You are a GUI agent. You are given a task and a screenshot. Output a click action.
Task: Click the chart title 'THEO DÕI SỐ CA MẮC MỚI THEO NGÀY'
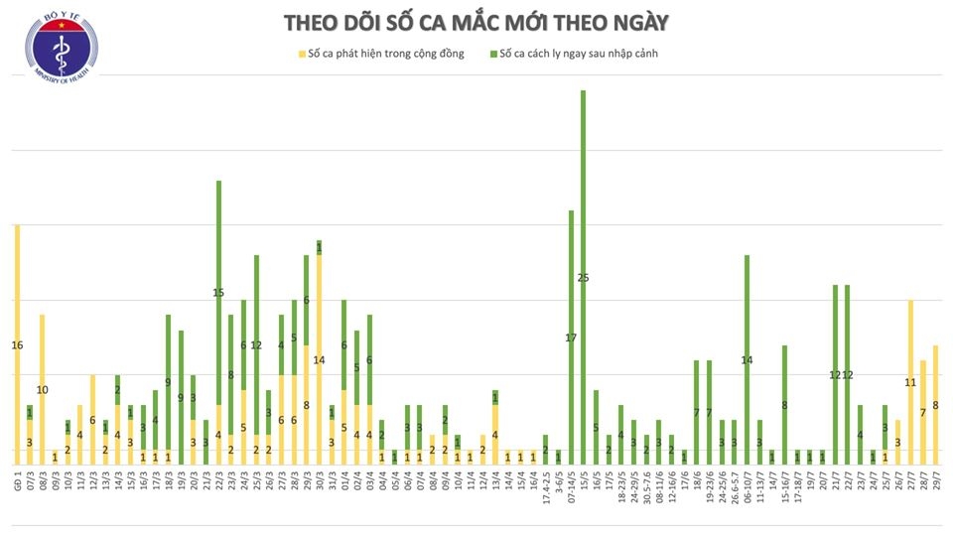pyautogui.click(x=476, y=23)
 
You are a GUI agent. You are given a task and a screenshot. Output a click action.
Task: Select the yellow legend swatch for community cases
pyautogui.click(x=301, y=54)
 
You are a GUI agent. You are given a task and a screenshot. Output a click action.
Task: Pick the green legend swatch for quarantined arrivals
pyautogui.click(x=493, y=54)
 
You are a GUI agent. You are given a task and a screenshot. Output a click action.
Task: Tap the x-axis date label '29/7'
pyautogui.click(x=935, y=478)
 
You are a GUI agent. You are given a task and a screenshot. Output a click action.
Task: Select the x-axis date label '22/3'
pyautogui.click(x=218, y=478)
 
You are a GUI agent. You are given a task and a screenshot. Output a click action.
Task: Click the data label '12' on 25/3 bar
pyautogui.click(x=256, y=345)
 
